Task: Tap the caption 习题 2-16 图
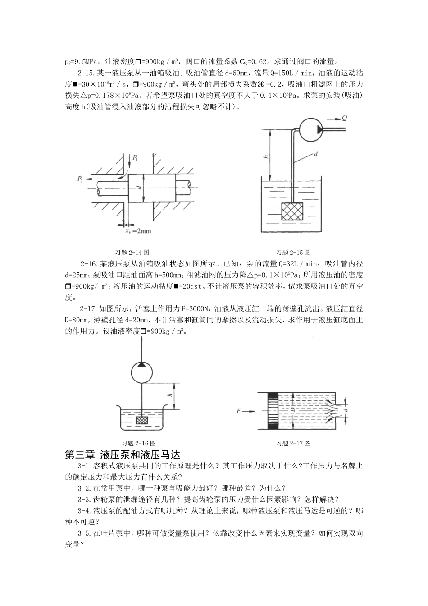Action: point(139,443)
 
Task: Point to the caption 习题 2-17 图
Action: point(293,443)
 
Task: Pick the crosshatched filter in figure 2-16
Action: point(142,419)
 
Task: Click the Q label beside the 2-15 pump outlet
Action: point(344,119)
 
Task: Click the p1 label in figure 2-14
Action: point(135,158)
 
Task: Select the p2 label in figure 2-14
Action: point(80,179)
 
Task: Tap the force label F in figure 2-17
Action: point(239,411)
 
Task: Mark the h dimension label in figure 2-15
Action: point(266,156)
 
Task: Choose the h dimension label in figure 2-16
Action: point(170,395)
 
